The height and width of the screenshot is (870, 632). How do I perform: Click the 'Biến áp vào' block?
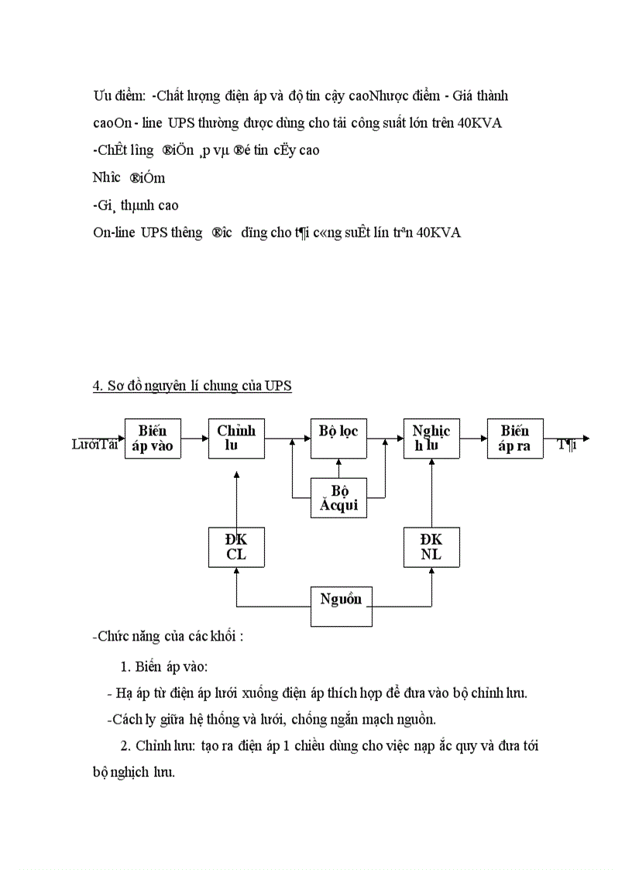(153, 438)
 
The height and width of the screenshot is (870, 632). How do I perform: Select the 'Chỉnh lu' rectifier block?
(236, 438)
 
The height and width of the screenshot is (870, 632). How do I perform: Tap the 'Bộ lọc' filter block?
(338, 438)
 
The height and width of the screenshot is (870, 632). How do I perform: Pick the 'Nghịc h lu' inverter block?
(431, 438)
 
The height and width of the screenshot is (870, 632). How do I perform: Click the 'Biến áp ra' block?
(515, 438)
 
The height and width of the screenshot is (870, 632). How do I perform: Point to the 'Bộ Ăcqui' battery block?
(338, 497)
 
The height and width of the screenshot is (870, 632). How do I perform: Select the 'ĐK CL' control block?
(236, 547)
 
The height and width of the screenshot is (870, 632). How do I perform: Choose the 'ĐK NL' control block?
(431, 547)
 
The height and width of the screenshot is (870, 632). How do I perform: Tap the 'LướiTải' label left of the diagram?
(94, 444)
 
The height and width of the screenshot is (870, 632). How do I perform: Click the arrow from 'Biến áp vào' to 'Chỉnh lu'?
(194, 438)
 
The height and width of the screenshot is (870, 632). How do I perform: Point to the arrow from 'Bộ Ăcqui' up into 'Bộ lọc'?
(338, 468)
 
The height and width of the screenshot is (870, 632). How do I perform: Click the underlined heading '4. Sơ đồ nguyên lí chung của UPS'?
(192, 386)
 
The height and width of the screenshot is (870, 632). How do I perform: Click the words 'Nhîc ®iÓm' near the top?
(129, 177)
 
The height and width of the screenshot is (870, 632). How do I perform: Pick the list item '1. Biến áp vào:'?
(163, 666)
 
